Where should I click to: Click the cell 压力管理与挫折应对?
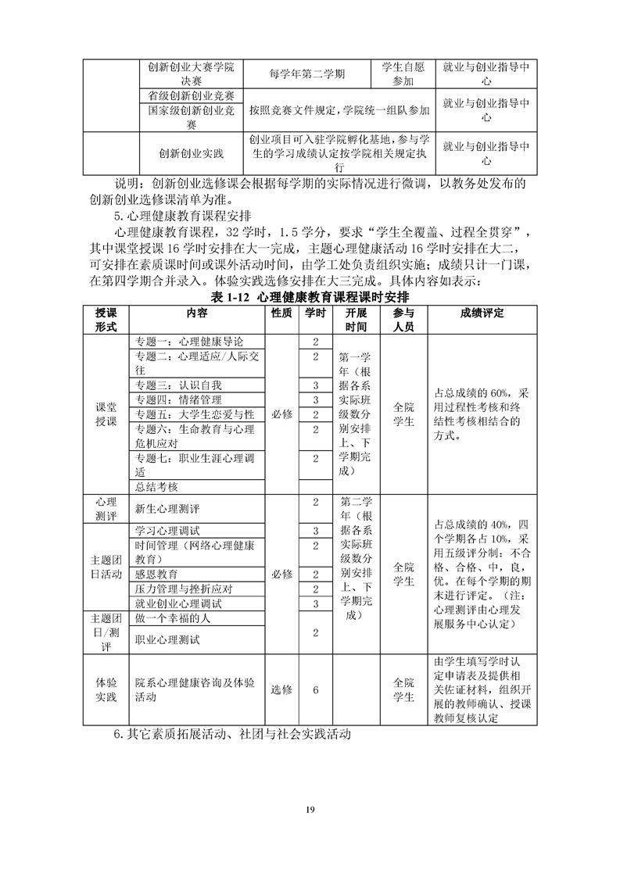coord(184,589)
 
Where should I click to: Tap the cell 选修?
coord(281,690)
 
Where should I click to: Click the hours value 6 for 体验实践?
coord(315,690)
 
